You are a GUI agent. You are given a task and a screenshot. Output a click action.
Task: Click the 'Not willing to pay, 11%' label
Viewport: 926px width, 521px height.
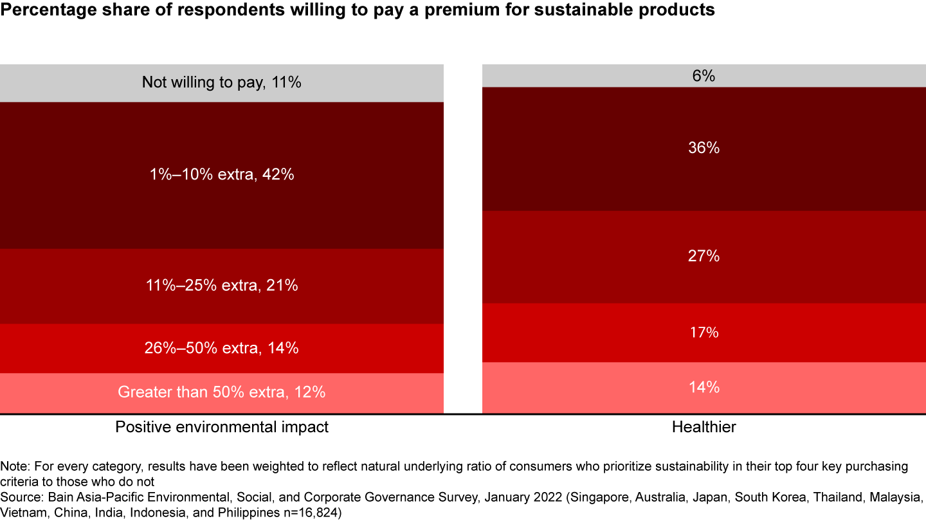[221, 82]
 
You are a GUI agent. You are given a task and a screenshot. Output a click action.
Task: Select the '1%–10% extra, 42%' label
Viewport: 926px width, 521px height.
[221, 174]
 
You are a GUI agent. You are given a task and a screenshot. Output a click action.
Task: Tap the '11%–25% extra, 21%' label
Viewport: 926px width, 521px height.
[221, 286]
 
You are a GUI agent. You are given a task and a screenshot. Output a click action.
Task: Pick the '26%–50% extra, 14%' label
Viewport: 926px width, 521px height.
[221, 348]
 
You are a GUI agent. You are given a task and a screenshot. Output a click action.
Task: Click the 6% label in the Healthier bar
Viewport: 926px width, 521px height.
[704, 76]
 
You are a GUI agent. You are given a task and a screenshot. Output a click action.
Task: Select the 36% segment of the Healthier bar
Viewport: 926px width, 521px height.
[704, 148]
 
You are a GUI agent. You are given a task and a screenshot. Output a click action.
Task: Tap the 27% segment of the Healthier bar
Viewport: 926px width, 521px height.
[704, 256]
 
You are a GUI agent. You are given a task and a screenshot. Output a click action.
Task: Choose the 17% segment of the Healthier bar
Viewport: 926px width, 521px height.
[704, 333]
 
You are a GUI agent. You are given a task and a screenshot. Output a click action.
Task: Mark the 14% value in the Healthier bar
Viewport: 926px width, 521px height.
[704, 387]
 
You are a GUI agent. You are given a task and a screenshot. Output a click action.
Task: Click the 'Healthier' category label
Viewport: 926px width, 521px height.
[704, 427]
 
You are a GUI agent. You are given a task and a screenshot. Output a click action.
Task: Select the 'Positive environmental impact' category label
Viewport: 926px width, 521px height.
[221, 427]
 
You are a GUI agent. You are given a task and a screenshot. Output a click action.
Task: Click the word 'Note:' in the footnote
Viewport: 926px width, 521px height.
[15, 466]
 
